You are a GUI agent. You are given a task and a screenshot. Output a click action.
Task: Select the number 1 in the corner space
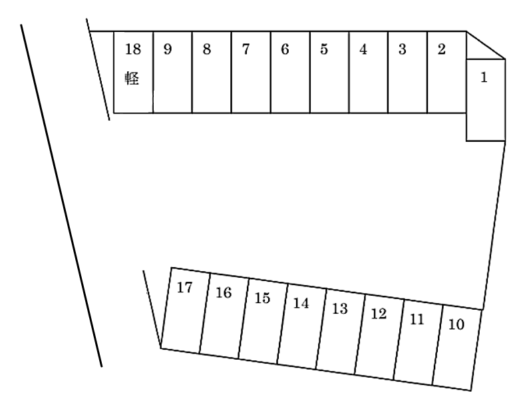[484, 78]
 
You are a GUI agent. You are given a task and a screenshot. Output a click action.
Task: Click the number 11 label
[417, 319]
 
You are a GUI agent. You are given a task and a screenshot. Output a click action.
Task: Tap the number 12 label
[379, 314]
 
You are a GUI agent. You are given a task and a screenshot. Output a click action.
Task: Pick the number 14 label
[301, 303]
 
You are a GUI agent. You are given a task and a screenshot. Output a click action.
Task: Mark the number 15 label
[263, 298]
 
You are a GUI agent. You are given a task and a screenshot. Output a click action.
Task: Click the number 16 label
[224, 292]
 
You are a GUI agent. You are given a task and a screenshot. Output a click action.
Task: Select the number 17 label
[185, 287]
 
